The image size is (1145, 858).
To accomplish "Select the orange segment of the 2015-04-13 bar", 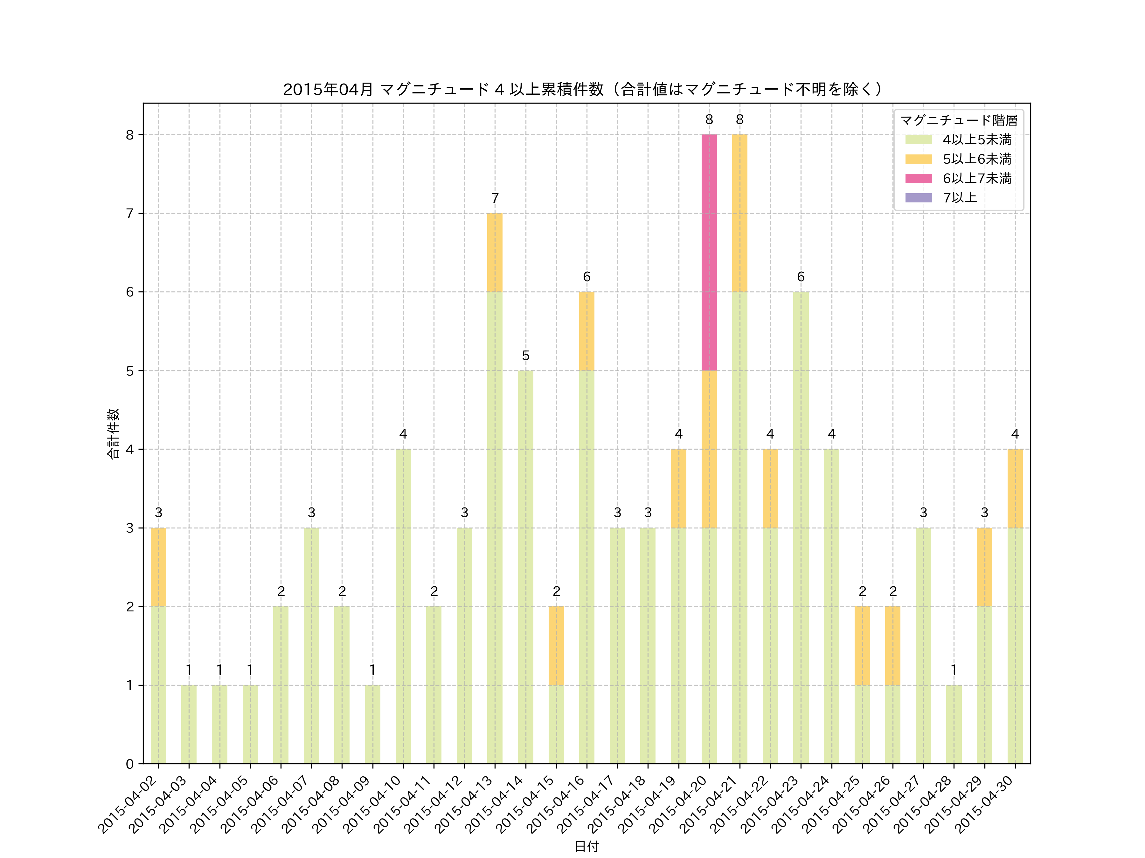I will point(495,252).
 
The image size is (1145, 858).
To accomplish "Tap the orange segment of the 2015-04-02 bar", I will point(158,567).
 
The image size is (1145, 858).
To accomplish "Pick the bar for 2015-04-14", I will point(525,567).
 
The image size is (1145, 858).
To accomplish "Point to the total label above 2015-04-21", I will point(740,119).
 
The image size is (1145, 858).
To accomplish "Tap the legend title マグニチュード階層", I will point(959,120).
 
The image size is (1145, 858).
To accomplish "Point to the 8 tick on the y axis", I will point(129,135).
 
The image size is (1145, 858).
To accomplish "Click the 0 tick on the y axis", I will point(129,764).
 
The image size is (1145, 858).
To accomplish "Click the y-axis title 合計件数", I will point(113,433).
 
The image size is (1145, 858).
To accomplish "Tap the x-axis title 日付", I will point(586,846).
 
